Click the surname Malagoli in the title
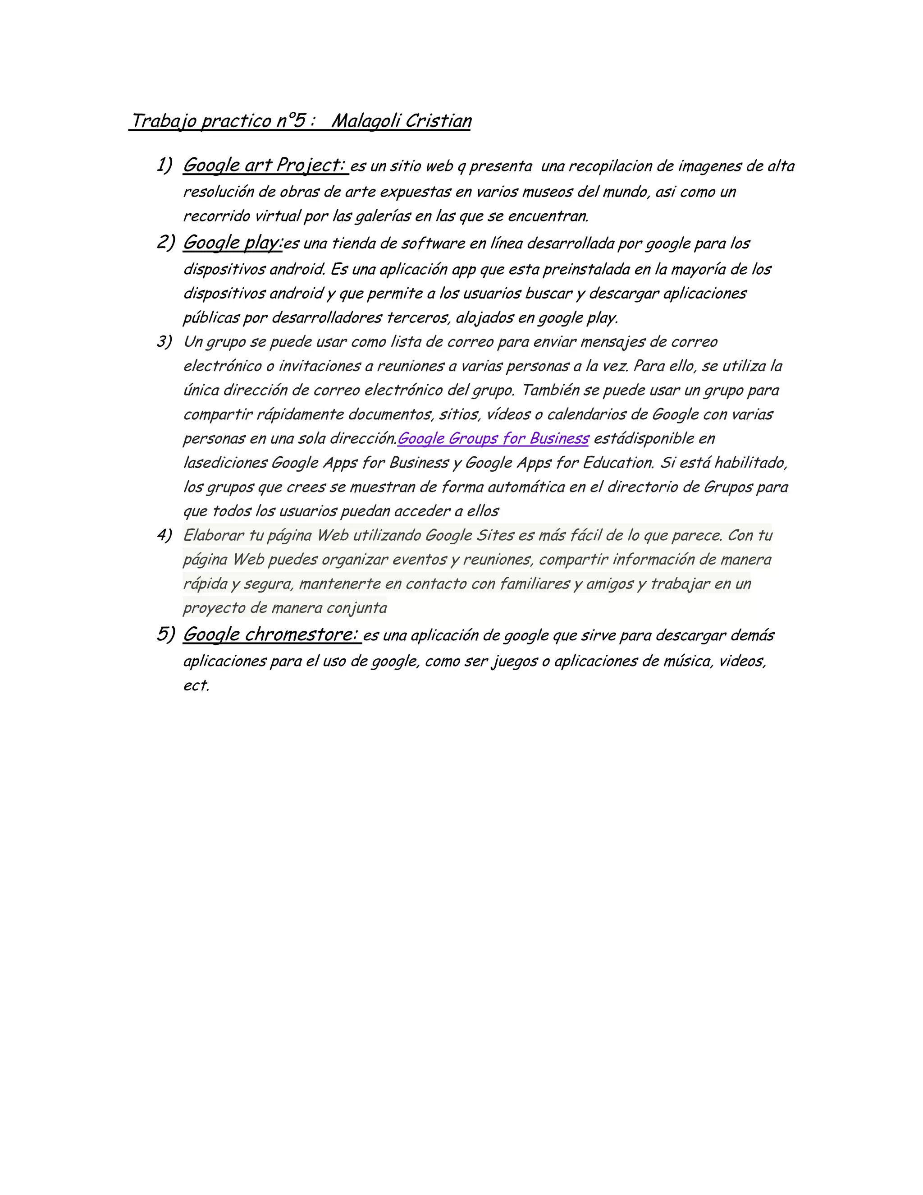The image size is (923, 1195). [365, 121]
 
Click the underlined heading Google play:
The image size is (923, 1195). [233, 243]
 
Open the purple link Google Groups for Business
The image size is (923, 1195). [493, 438]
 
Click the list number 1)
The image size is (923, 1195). [164, 165]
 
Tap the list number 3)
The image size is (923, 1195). [164, 342]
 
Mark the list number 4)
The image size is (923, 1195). [164, 535]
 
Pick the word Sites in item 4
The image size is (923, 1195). [495, 535]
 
